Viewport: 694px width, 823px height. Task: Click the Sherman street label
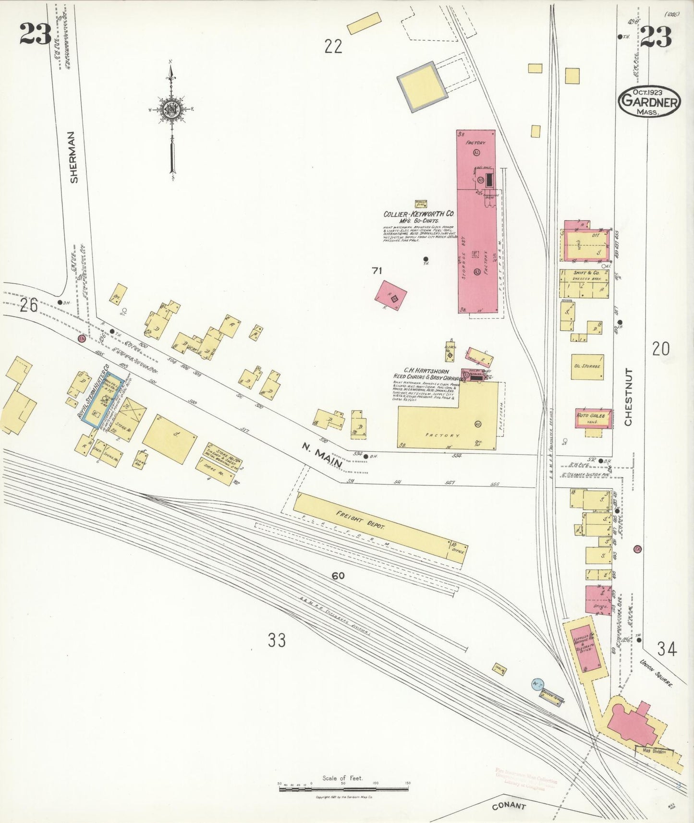pyautogui.click(x=73, y=157)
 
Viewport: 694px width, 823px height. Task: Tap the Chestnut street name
pyautogui.click(x=628, y=397)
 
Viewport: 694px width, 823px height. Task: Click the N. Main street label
pyautogui.click(x=321, y=455)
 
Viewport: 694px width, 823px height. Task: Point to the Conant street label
pyautogui.click(x=509, y=806)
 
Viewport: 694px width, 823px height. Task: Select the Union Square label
pyautogui.click(x=656, y=674)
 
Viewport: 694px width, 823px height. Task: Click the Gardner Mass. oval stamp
pyautogui.click(x=649, y=101)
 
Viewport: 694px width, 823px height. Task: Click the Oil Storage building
pyautogui.click(x=587, y=367)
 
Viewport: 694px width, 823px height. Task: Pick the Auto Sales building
pyautogui.click(x=594, y=418)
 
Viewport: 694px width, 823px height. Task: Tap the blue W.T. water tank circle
pyautogui.click(x=537, y=684)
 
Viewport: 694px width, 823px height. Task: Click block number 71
pyautogui.click(x=377, y=271)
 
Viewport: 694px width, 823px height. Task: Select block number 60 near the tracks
pyautogui.click(x=338, y=575)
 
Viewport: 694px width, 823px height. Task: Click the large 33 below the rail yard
pyautogui.click(x=277, y=640)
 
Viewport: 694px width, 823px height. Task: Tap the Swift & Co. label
pyautogui.click(x=586, y=273)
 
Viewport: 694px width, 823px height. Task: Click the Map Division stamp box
pyautogui.click(x=654, y=751)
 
